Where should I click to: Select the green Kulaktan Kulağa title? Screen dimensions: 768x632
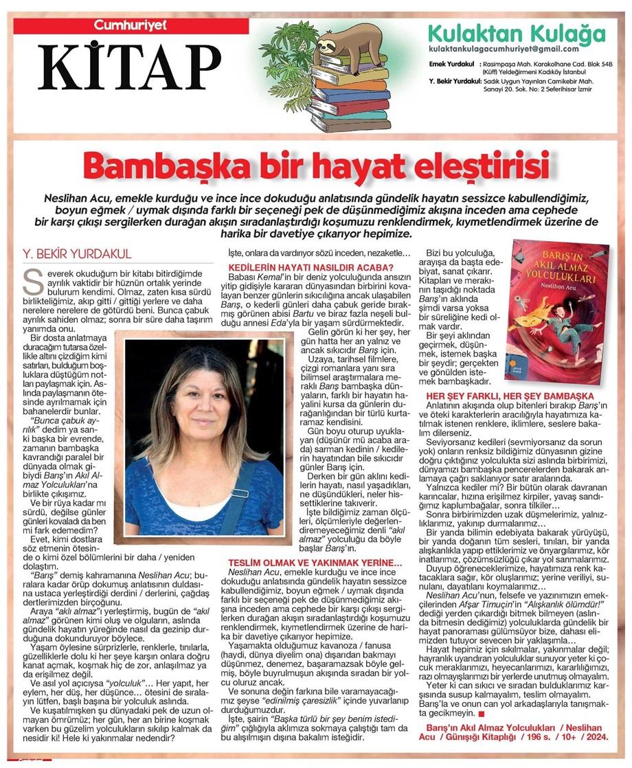517,33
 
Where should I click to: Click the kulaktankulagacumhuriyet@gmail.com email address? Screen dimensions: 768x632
503,49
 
